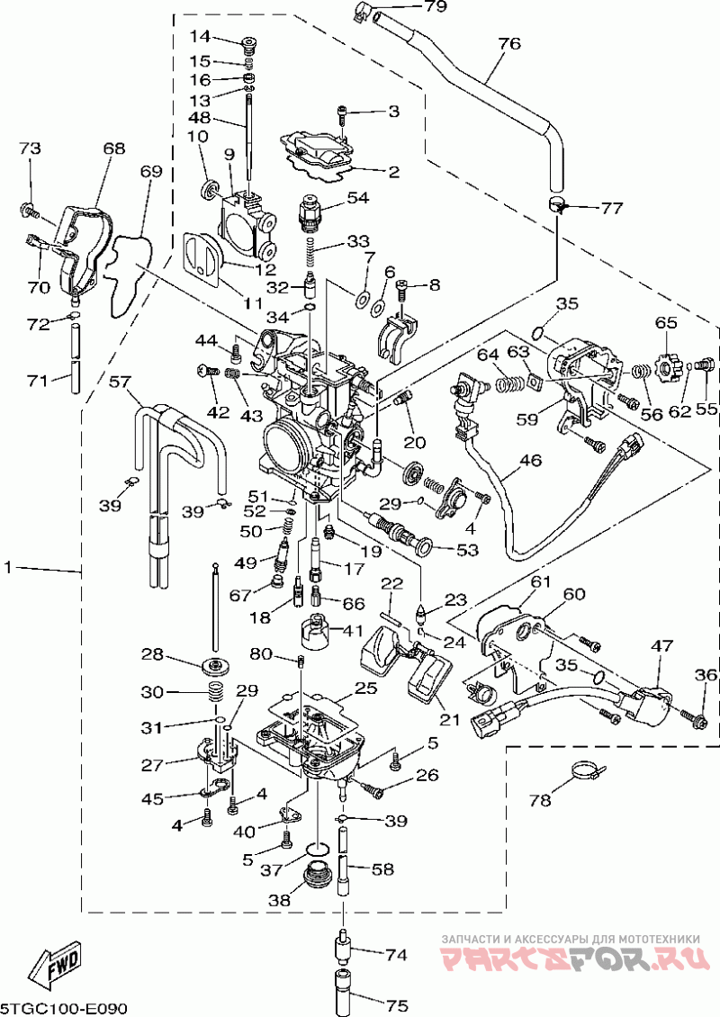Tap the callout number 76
click(509, 43)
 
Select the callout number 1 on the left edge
click(8, 568)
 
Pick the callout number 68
click(113, 148)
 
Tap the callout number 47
click(661, 645)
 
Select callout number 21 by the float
click(449, 718)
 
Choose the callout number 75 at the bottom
click(396, 1006)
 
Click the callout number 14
click(201, 36)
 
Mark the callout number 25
click(365, 687)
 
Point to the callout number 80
click(261, 653)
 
